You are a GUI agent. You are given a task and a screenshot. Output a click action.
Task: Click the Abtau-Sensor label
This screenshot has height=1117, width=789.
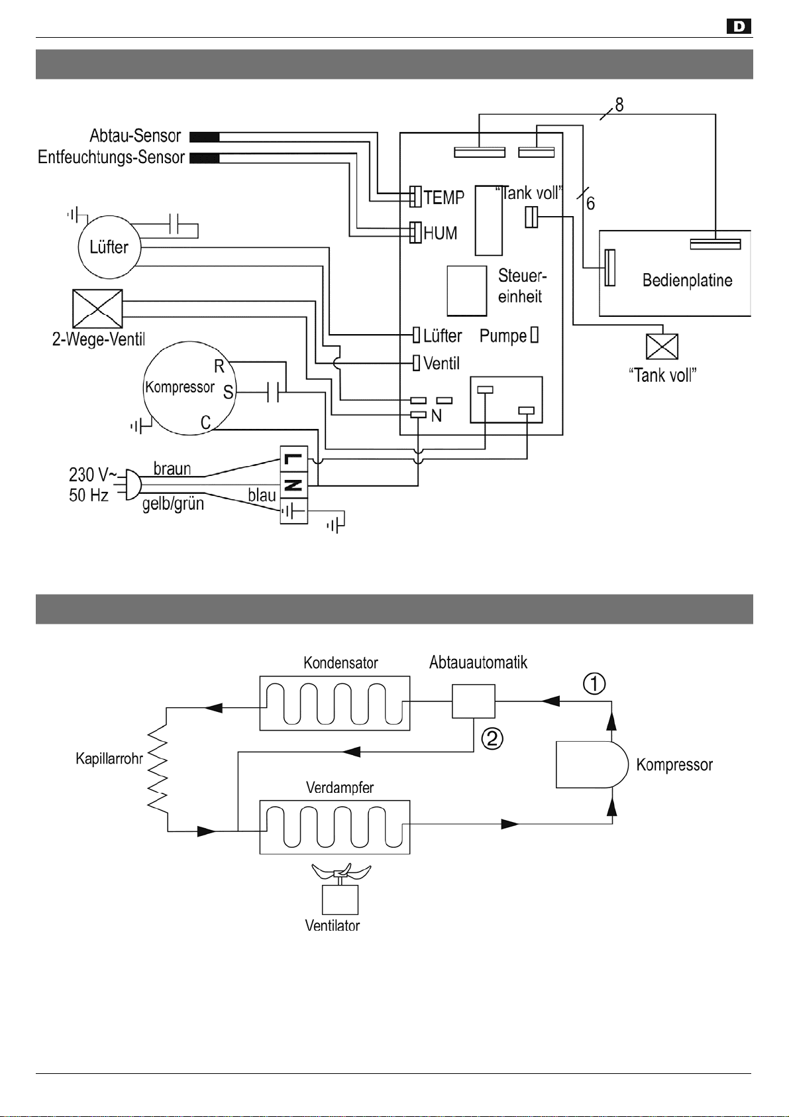pos(135,136)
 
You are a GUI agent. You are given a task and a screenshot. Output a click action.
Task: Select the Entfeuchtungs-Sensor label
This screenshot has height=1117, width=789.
pos(111,157)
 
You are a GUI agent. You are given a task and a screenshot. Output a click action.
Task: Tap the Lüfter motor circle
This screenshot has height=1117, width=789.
pos(110,247)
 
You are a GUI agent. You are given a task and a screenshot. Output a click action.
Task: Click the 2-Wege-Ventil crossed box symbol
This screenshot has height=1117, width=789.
pos(97,309)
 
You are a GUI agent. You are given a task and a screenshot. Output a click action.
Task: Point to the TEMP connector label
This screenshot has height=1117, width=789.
pos(444,198)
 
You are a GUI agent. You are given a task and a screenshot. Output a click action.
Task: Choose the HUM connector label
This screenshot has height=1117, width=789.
pos(440,233)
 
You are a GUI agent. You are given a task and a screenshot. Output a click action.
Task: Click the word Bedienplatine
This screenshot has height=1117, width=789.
pos(688,280)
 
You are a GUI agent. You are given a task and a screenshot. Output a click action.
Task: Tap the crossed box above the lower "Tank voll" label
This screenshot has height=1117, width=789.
pos(662,347)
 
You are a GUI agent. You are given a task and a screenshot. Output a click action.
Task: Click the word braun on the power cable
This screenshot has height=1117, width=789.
pos(172,469)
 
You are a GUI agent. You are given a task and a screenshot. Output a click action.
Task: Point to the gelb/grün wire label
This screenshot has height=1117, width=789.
pos(173,504)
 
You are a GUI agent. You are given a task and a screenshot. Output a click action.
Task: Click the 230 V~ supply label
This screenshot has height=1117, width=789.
pos(93,474)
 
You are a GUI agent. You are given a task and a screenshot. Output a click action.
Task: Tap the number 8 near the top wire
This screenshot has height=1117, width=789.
pos(619,105)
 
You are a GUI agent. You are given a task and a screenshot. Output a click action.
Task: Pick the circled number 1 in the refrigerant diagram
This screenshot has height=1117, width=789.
pos(594,683)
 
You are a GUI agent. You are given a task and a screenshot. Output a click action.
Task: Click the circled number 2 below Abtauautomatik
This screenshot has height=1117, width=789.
pos(492,738)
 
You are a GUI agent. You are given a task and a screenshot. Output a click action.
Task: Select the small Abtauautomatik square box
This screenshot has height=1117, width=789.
pos(474,701)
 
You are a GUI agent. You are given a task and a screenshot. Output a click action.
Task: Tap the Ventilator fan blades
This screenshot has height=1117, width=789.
pos(341,870)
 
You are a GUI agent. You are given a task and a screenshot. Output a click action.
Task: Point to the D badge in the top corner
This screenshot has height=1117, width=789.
pos(739,26)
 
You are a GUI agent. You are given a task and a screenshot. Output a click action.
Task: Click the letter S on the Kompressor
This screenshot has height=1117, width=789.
pos(229,392)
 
